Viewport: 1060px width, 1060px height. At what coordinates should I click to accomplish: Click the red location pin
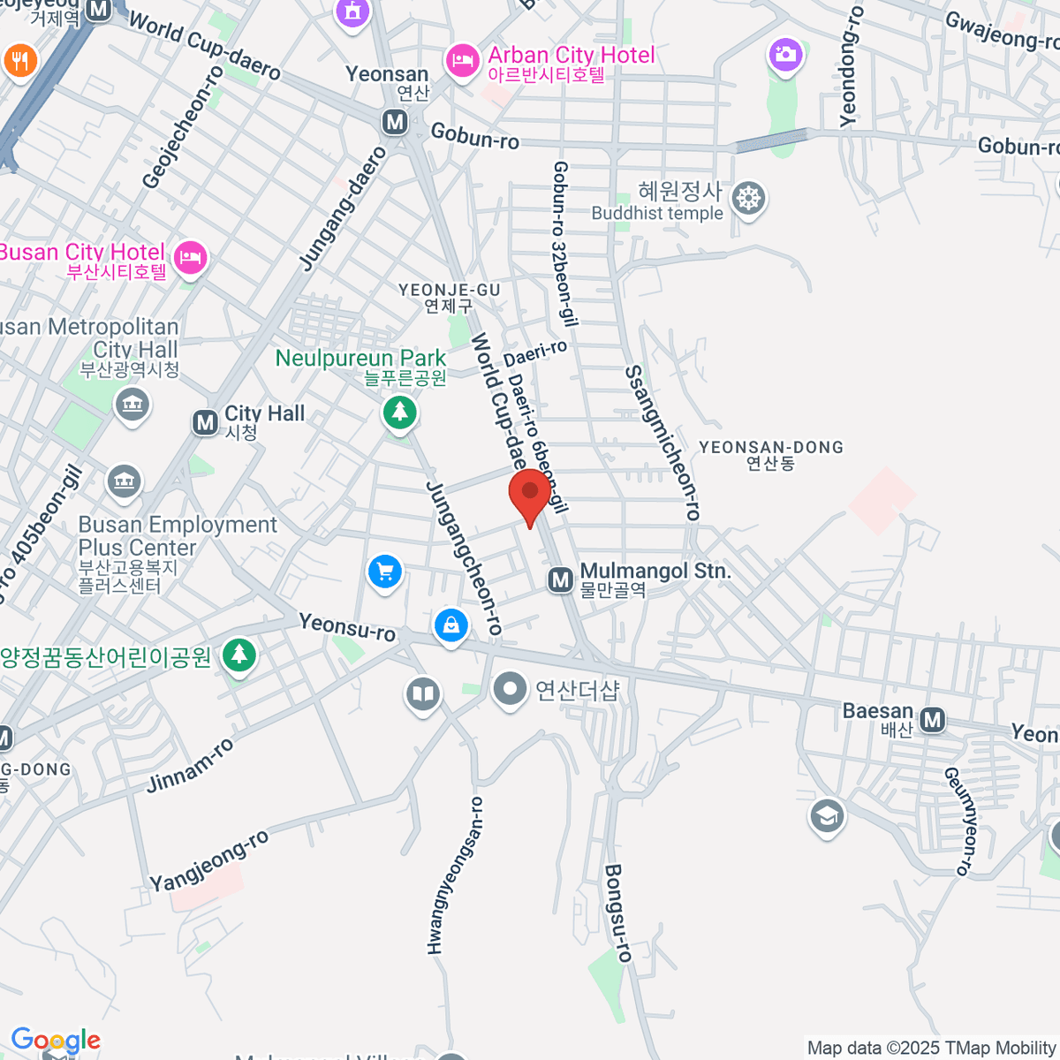pyautogui.click(x=530, y=493)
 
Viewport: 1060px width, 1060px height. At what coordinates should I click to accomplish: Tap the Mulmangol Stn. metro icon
pyautogui.click(x=561, y=580)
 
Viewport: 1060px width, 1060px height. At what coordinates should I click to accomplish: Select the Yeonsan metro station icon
pyautogui.click(x=395, y=122)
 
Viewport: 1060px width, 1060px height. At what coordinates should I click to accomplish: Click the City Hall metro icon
pyautogui.click(x=206, y=422)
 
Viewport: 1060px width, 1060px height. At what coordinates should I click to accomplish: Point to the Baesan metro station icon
pyautogui.click(x=932, y=720)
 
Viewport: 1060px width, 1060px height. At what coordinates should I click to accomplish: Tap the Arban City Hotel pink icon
pyautogui.click(x=460, y=60)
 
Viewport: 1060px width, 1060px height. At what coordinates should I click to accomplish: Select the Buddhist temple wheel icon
pyautogui.click(x=748, y=198)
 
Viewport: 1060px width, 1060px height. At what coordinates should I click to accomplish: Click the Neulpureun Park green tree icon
pyautogui.click(x=399, y=412)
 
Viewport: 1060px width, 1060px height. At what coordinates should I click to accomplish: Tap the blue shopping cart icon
pyautogui.click(x=384, y=571)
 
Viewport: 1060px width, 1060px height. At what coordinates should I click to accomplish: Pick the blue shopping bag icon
pyautogui.click(x=451, y=625)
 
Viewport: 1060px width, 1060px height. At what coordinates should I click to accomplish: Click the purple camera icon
pyautogui.click(x=784, y=55)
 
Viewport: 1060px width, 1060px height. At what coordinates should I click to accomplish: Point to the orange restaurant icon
pyautogui.click(x=19, y=60)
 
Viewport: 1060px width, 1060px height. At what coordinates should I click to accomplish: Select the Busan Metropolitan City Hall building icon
pyautogui.click(x=132, y=405)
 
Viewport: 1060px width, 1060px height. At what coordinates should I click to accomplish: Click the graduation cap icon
pyautogui.click(x=827, y=816)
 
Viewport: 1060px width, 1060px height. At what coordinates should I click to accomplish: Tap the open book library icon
pyautogui.click(x=423, y=693)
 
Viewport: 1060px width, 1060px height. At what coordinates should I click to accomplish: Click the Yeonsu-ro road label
pyautogui.click(x=347, y=627)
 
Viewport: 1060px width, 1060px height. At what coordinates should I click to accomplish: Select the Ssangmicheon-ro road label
pyautogui.click(x=662, y=443)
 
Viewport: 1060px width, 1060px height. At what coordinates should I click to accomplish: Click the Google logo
pyautogui.click(x=56, y=1040)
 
